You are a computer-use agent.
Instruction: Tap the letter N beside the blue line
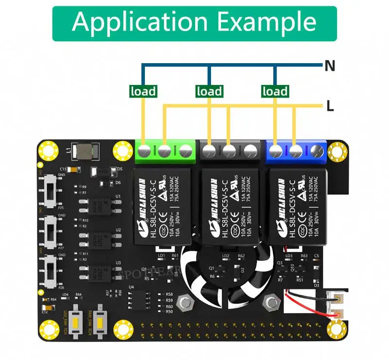point(330,66)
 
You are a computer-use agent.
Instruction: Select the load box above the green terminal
point(143,91)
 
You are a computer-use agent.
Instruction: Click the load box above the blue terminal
point(275,91)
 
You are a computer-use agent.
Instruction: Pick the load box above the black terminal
point(209,91)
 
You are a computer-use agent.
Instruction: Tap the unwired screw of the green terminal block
point(185,152)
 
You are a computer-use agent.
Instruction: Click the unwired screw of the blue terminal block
point(317,152)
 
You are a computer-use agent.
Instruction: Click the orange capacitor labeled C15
point(73,169)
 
